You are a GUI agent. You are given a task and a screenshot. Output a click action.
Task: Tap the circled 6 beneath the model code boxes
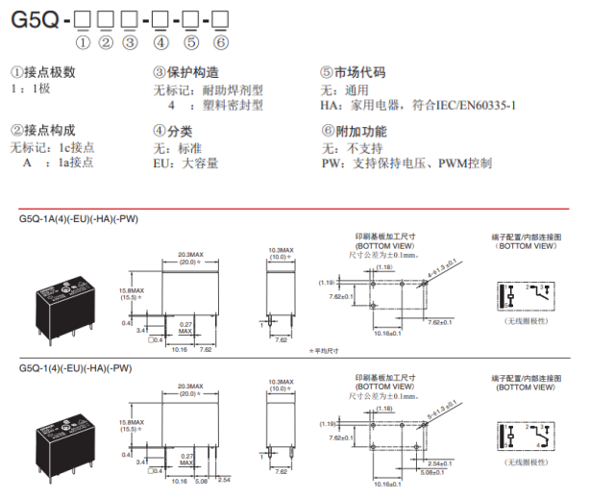221,41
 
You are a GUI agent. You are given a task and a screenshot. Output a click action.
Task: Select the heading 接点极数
47,72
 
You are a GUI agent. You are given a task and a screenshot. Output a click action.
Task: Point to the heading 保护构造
191,72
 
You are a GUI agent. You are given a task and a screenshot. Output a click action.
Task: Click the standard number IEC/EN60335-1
470,105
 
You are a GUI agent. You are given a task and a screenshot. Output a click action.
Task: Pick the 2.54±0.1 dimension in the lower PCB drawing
452,462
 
